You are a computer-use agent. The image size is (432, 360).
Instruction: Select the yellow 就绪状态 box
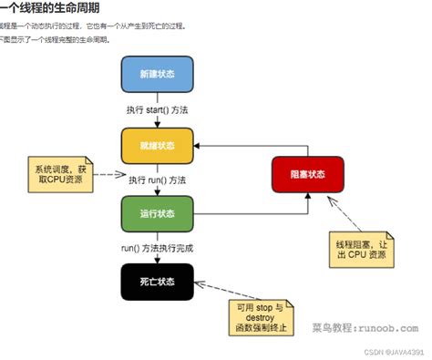click(158, 145)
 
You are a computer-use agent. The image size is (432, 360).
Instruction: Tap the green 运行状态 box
click(158, 214)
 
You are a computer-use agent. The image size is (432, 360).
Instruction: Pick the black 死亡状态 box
click(158, 282)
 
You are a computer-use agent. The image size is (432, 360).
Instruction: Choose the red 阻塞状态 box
click(307, 173)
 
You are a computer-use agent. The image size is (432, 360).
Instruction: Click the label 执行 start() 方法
click(159, 111)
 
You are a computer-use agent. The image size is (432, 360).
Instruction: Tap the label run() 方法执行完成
click(157, 248)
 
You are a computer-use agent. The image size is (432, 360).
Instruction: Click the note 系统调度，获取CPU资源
click(61, 174)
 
